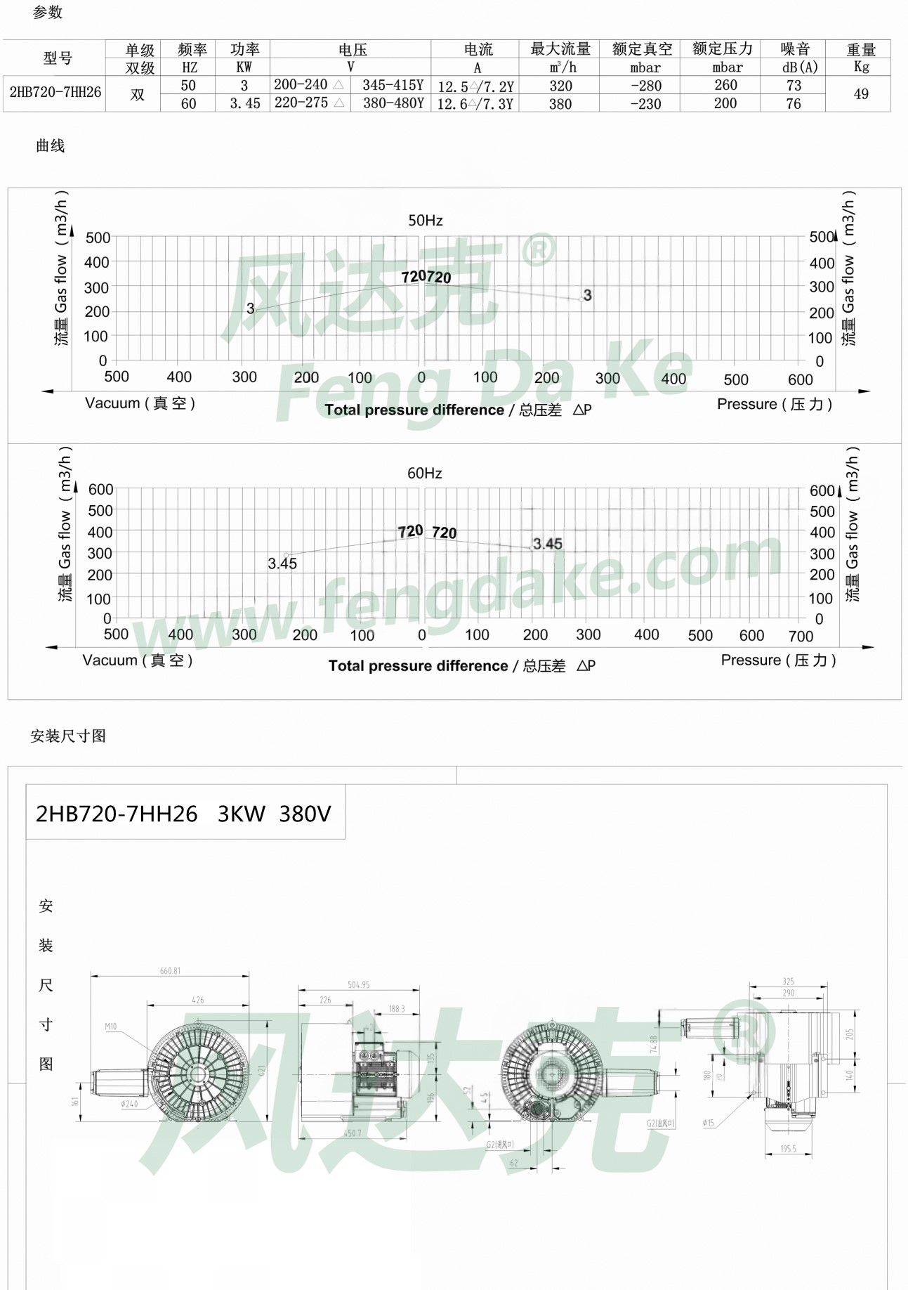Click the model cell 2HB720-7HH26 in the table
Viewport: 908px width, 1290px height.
(55, 93)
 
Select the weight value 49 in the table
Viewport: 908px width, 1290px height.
(860, 94)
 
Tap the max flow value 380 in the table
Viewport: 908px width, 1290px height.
(560, 104)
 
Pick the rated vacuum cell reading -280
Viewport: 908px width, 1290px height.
(645, 86)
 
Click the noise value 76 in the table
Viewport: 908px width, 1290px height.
(793, 104)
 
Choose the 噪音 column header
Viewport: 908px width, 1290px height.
(794, 49)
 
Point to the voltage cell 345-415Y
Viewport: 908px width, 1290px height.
(393, 86)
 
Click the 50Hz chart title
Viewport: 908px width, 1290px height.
(426, 221)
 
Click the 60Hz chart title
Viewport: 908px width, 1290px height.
(425, 474)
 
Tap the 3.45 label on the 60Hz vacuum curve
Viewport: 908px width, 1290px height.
(282, 563)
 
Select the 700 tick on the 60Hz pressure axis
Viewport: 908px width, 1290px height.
(801, 637)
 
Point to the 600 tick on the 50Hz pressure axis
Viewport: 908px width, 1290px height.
(800, 380)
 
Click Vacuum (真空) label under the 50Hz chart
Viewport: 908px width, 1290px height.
(140, 403)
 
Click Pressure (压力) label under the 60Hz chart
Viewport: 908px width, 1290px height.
(778, 660)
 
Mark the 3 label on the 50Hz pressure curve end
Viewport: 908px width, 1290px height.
(587, 295)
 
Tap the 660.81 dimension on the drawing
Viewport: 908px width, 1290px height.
(170, 971)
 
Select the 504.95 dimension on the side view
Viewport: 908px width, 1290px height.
(358, 985)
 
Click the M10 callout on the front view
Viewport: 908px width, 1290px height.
(111, 1027)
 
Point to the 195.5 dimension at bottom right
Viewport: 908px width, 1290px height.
(788, 1149)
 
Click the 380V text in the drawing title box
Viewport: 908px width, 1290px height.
(305, 814)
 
